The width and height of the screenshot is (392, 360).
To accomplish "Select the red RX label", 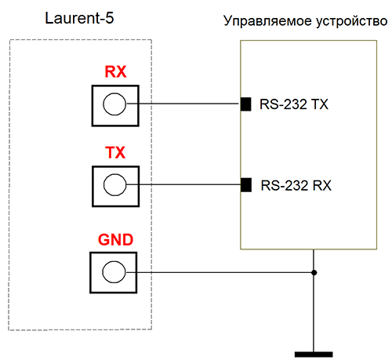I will pyautogui.click(x=115, y=73).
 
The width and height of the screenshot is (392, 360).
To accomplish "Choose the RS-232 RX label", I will pyautogui.click(x=296, y=186).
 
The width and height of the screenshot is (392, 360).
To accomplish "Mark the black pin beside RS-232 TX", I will pyautogui.click(x=245, y=104).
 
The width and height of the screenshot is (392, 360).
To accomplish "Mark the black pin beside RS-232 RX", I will pyautogui.click(x=245, y=185).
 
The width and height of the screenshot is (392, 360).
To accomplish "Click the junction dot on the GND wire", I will pyautogui.click(x=314, y=273).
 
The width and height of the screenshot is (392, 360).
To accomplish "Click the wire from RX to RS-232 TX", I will pyautogui.click(x=188, y=104).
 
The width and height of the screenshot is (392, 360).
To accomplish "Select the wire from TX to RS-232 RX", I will pyautogui.click(x=188, y=185).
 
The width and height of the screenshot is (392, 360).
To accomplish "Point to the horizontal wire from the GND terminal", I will pyautogui.click(x=220, y=273).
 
